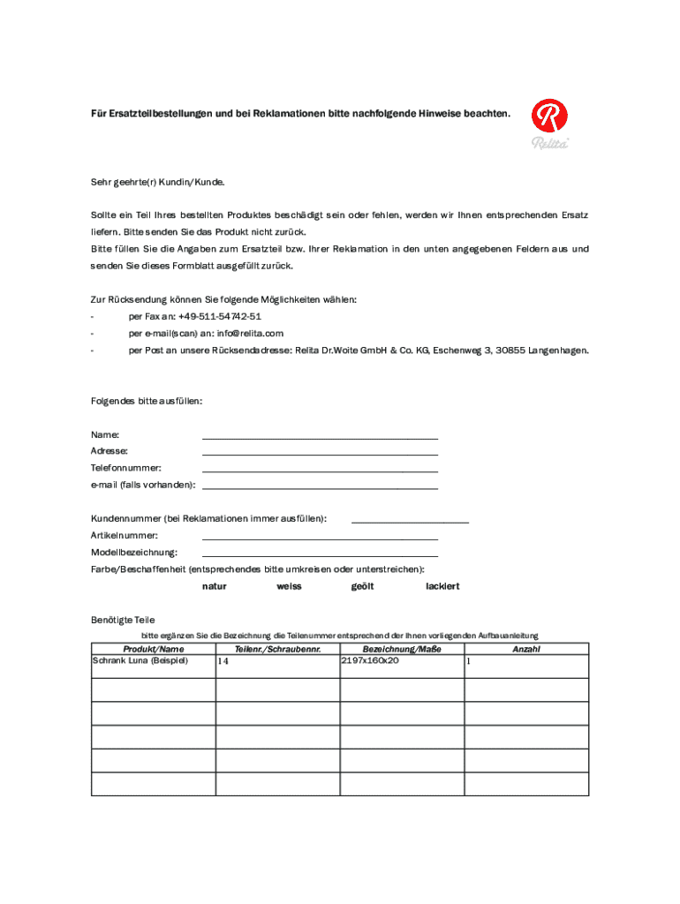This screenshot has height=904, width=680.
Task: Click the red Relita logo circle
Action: click(549, 117)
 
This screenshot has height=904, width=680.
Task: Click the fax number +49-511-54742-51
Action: click(219, 317)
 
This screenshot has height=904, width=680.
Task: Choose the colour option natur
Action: click(215, 586)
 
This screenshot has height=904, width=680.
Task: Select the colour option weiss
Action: click(289, 586)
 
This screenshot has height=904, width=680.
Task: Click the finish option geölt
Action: click(363, 586)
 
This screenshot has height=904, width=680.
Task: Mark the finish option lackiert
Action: click(442, 586)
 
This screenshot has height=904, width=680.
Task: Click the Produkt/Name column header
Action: click(154, 649)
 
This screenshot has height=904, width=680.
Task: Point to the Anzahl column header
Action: click(526, 649)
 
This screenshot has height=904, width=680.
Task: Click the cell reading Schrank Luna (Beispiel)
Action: click(140, 660)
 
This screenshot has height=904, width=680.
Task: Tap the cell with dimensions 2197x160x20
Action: click(370, 660)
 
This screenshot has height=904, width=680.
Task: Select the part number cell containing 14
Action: click(223, 661)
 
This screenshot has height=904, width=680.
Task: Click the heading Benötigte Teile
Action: click(123, 620)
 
